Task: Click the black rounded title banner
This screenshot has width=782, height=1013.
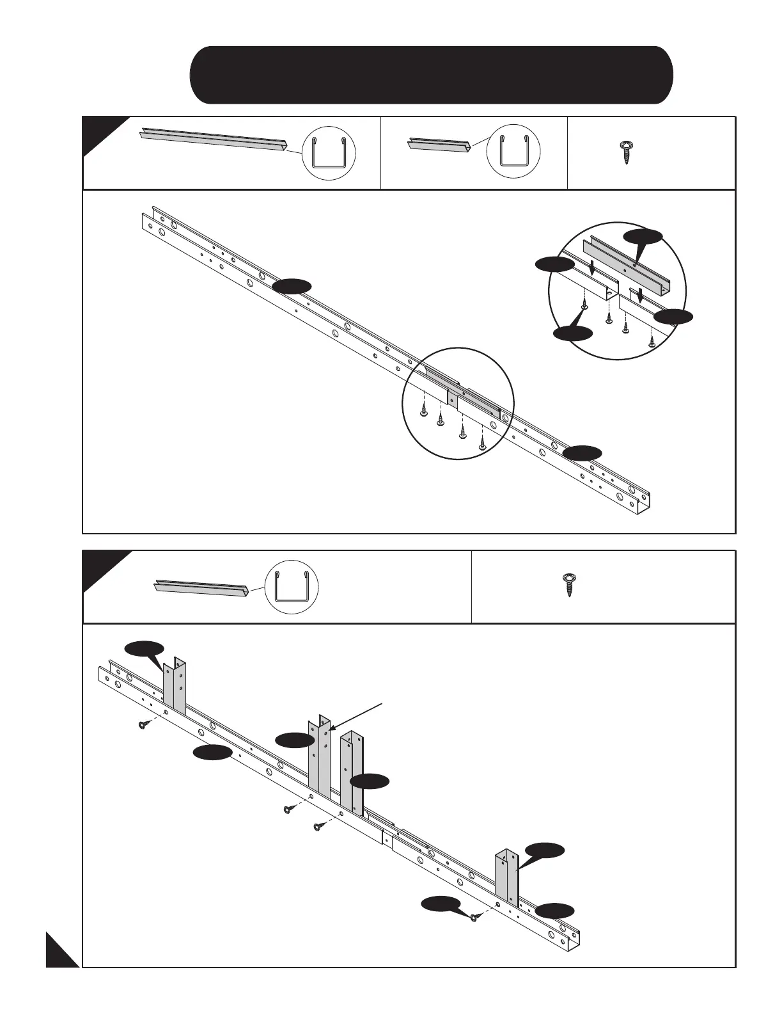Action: (431, 75)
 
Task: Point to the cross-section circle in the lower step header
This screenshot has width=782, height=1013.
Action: (292, 587)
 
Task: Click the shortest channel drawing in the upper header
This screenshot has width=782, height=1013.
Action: (440, 145)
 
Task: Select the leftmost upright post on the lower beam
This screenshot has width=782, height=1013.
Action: (175, 687)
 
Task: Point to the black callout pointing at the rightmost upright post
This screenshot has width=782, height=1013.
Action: (544, 850)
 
